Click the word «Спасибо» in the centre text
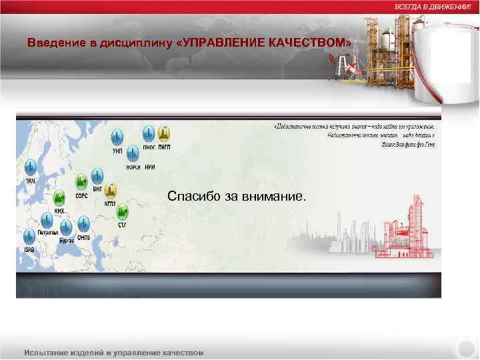click(192, 197)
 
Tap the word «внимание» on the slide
click(274, 197)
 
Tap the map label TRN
click(30, 181)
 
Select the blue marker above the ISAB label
click(29, 235)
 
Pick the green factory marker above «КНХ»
click(59, 198)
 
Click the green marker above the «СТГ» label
click(123, 213)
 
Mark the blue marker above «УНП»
click(117, 137)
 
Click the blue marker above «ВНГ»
click(97, 177)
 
